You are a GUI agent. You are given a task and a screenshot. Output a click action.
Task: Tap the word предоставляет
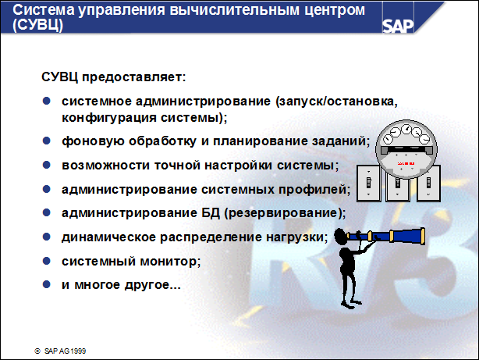tap(136, 78)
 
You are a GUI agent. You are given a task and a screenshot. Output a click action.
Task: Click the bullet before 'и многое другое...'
tap(46, 283)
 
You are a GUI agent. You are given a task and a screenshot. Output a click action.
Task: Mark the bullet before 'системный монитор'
tap(46, 260)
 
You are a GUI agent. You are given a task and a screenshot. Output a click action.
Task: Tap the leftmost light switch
tap(368, 186)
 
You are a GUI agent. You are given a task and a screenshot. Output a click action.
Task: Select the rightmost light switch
tap(428, 186)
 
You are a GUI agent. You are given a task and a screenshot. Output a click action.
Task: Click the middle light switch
tap(398, 186)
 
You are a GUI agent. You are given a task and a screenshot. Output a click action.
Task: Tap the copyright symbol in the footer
tap(37, 351)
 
